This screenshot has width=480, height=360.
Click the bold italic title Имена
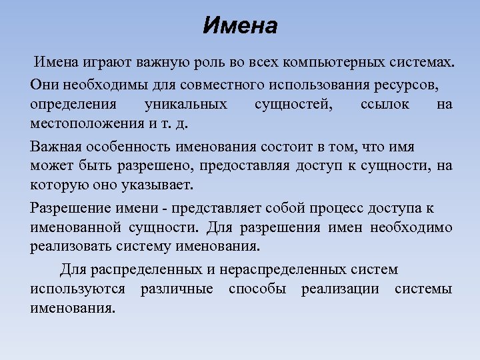[239, 27]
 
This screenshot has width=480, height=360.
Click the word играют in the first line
[108, 64]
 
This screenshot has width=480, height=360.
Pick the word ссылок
[385, 105]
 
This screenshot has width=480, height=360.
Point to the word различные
[177, 289]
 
